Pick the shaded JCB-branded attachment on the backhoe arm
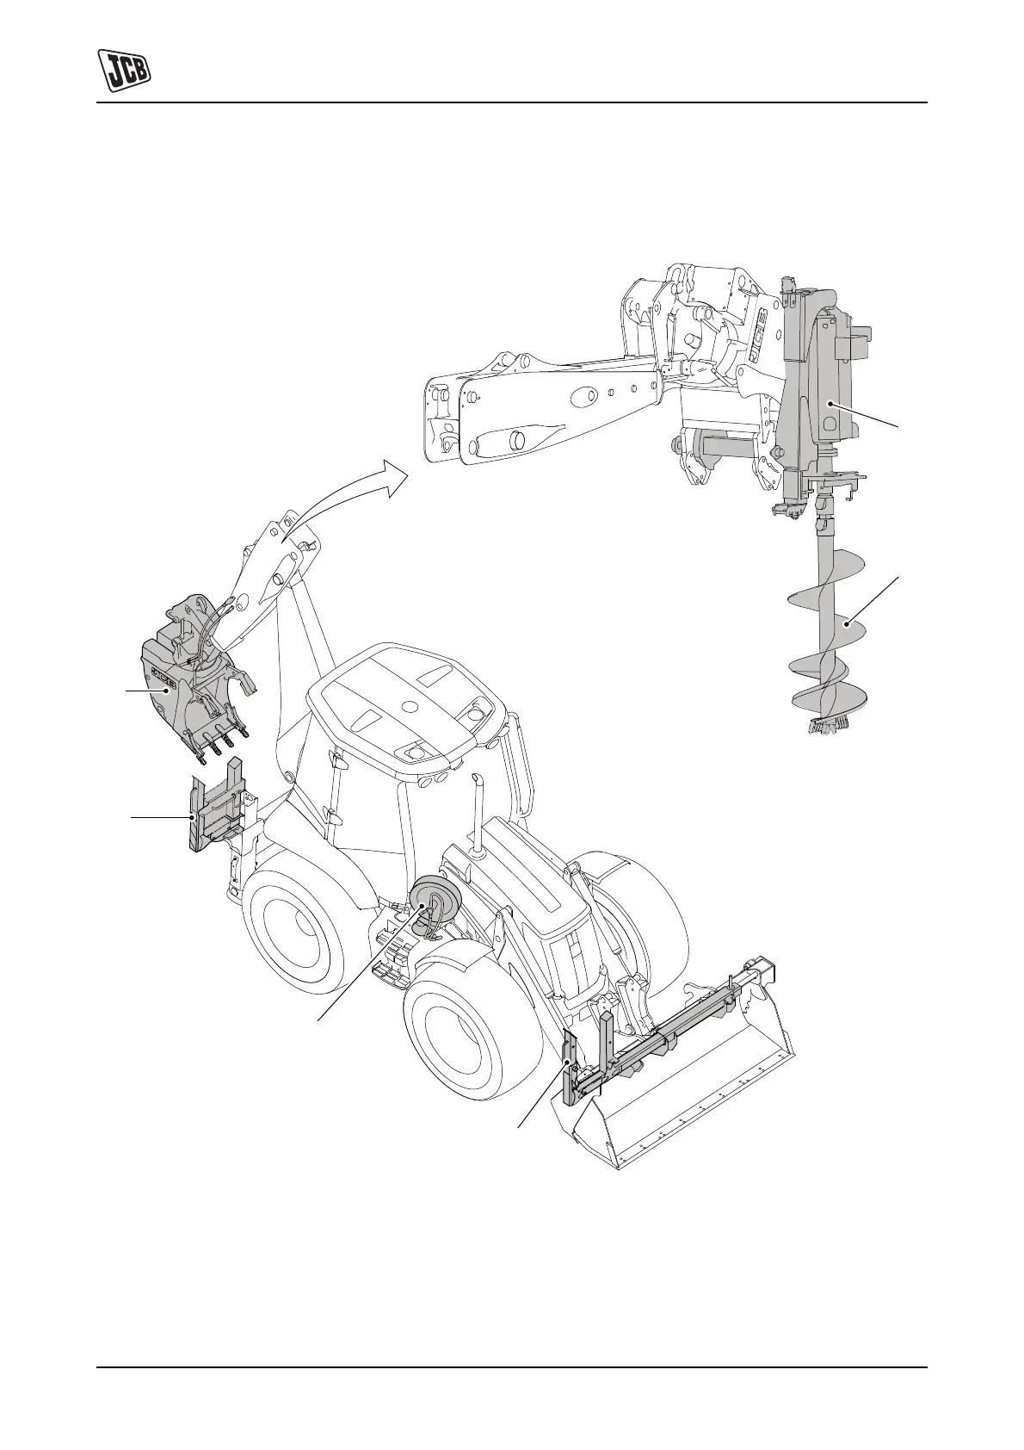188,679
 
